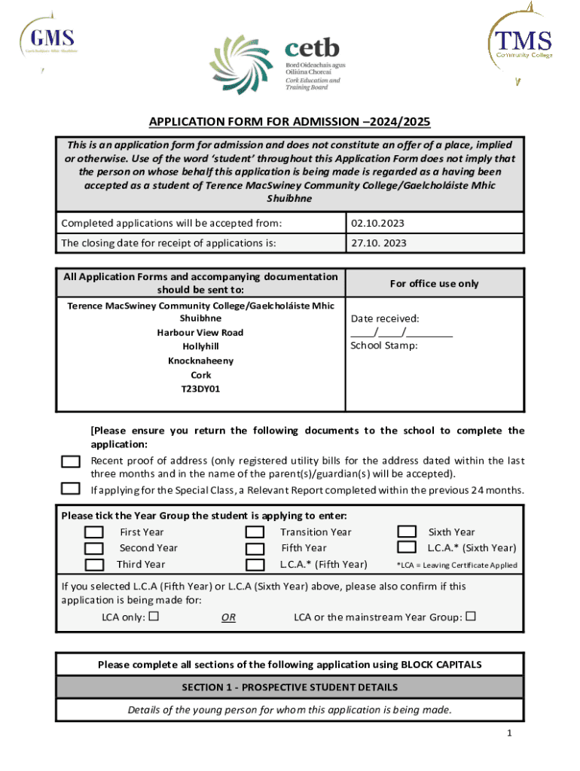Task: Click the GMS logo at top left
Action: tap(51, 39)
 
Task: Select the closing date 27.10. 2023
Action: tap(379, 243)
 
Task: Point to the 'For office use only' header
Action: tap(433, 283)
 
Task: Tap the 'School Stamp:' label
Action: tap(383, 346)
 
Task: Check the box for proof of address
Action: tap(71, 462)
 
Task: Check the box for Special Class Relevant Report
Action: tap(71, 489)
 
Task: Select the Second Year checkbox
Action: tap(94, 549)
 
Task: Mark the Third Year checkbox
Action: tap(94, 565)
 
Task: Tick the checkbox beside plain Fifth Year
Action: tap(256, 549)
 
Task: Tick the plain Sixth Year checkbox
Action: tap(407, 532)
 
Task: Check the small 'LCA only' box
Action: tap(154, 617)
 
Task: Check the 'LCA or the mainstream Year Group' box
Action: tap(471, 617)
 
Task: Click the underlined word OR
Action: tap(228, 617)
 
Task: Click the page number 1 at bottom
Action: tap(509, 733)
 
